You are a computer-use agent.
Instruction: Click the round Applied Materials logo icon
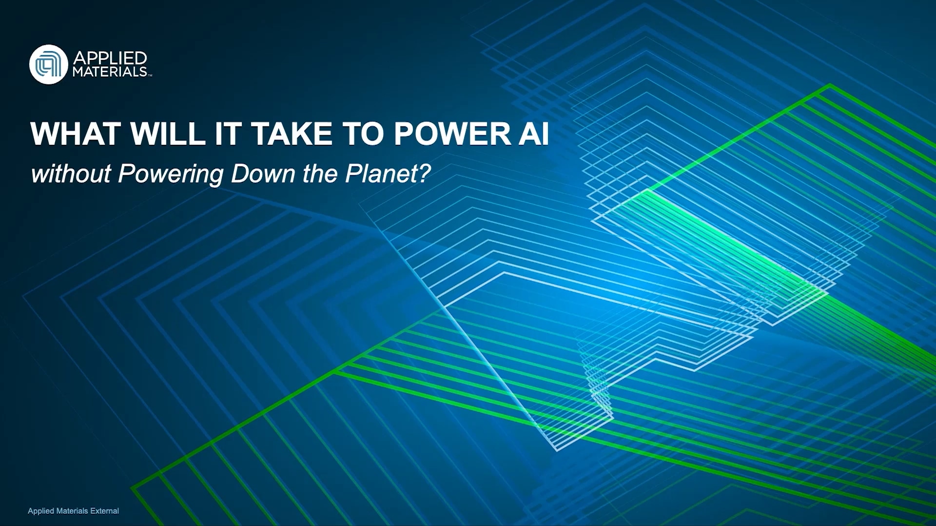[48, 64]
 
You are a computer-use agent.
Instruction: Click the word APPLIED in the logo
[110, 58]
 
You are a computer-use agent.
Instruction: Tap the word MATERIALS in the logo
[110, 72]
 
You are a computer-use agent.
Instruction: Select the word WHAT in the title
[76, 134]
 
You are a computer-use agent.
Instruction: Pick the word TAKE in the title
[292, 134]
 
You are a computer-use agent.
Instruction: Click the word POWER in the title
[452, 134]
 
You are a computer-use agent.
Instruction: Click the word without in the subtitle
[71, 174]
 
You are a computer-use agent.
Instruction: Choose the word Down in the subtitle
[263, 174]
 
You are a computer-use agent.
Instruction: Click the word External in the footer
[105, 511]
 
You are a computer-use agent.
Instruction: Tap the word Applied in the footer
[41, 511]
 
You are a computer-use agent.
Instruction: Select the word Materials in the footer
[72, 511]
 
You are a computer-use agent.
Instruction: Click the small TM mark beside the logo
[150, 75]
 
